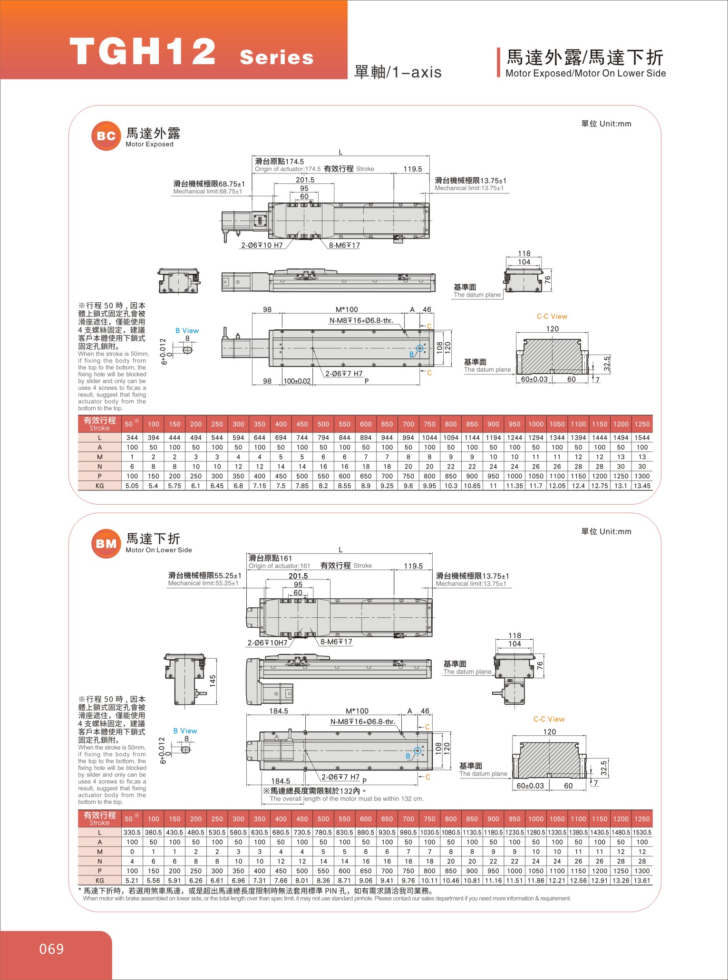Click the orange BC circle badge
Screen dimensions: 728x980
(106, 136)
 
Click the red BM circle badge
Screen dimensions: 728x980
(106, 544)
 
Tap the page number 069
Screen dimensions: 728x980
(51, 949)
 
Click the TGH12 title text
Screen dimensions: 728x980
(143, 52)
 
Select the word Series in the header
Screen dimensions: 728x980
(277, 58)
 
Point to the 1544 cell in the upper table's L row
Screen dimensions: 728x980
(642, 438)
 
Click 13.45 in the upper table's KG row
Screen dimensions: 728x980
(642, 486)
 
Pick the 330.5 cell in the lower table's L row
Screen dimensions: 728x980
(132, 832)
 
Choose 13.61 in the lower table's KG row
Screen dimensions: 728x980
(642, 880)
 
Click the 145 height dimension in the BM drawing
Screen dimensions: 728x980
(213, 681)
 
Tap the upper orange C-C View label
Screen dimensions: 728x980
(552, 317)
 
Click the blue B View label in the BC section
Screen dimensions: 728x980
(187, 331)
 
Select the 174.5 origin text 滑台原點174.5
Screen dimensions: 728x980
(279, 162)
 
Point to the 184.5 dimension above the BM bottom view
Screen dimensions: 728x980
(279, 711)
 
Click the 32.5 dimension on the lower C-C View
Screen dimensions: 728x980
(603, 767)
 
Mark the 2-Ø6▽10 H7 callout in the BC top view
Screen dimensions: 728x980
(262, 245)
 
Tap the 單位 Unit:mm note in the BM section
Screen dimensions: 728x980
(606, 531)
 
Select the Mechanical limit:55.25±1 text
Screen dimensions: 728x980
(203, 583)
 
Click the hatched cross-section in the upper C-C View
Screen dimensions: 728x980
(552, 356)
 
